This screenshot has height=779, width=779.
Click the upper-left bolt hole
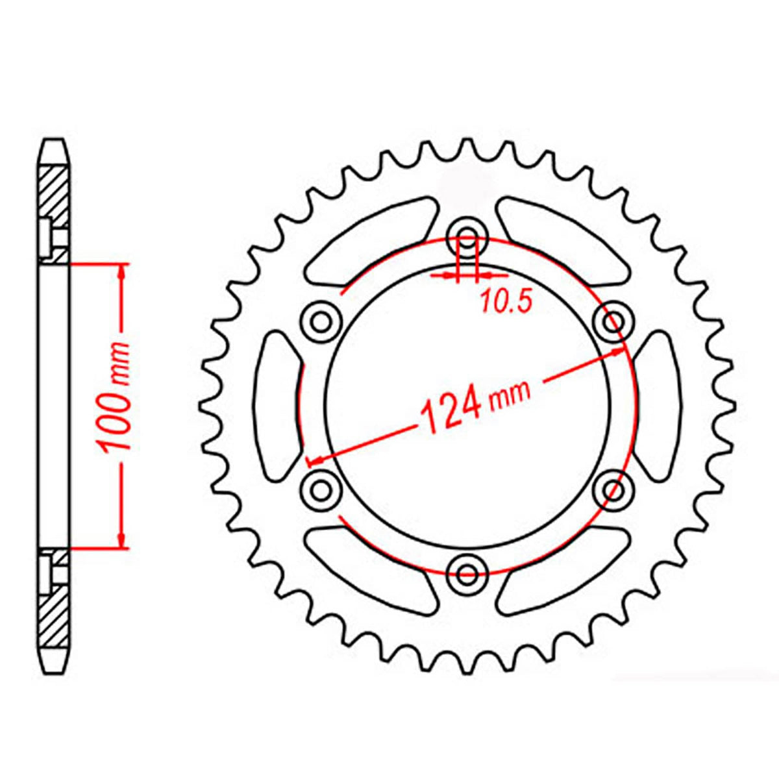tap(321, 320)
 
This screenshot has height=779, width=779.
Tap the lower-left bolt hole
tap(321, 488)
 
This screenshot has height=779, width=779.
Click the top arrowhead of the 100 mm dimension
tap(121, 273)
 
